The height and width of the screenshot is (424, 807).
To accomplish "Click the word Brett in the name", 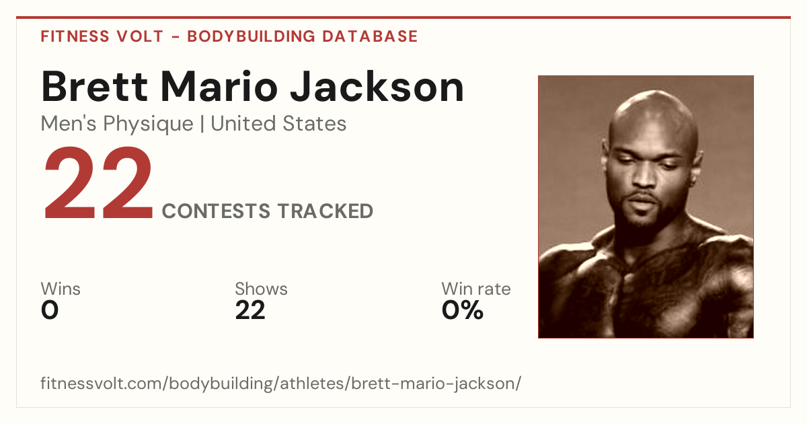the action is coord(94,87).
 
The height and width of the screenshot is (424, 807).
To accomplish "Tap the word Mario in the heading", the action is coord(219,87).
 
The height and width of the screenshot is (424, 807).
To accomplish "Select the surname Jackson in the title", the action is coord(377,87).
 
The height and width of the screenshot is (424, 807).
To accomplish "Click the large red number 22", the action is coord(98,182).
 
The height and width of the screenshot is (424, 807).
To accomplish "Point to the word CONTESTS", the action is coord(216,211).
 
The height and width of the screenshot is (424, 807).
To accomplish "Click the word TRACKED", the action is coord(325,211).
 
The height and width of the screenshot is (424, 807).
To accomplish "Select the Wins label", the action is coord(61,289).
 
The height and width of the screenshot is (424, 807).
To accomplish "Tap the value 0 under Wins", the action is coord(50,310).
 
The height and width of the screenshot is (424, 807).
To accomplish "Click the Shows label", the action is coord(261,289).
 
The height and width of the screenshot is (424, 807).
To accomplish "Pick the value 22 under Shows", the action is coord(250,310).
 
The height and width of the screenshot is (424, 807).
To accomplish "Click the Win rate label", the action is coord(476,289).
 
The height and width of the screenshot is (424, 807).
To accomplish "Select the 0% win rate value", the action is coord(463,310).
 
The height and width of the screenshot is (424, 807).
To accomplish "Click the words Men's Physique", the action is coord(117,124).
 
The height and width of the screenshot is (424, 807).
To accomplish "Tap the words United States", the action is coord(278,124).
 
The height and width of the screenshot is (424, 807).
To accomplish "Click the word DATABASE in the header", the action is coord(370,36).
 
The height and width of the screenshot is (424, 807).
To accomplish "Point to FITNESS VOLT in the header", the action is coord(102,36).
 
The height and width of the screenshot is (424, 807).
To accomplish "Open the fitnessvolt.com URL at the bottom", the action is coord(280,383).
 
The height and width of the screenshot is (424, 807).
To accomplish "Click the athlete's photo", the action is coord(646,207).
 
